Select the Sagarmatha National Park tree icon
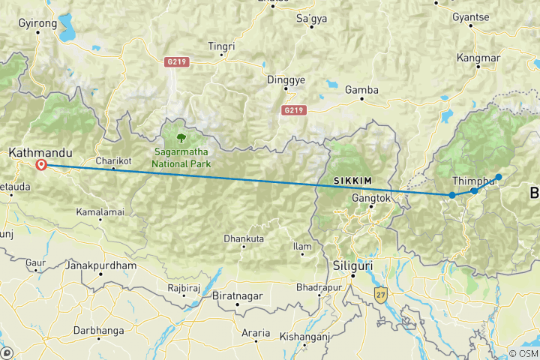point(181,137)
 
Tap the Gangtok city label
point(371,199)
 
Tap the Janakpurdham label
point(101,265)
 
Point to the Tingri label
point(221,46)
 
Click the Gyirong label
point(37,24)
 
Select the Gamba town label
point(361,90)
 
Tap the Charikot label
point(114,160)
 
